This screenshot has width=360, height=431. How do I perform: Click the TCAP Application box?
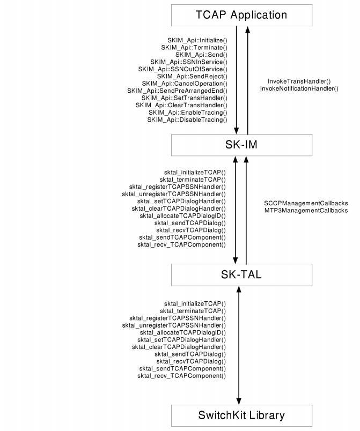point(241,14)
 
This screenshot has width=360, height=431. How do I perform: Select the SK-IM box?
point(241,144)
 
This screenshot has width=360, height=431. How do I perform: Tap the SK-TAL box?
point(241,275)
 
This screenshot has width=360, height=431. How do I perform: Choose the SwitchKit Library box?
point(241,414)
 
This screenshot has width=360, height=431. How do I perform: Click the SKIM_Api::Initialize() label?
point(197,40)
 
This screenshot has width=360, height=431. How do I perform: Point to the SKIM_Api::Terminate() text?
point(194,47)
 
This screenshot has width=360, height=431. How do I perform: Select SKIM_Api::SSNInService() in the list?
point(189,62)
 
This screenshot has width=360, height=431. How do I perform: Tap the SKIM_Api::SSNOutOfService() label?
point(183,69)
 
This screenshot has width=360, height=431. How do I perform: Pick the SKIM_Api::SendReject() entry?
point(192,76)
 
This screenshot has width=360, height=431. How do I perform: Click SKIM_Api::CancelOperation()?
point(185,84)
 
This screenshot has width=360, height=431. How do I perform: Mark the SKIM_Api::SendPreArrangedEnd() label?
point(178,91)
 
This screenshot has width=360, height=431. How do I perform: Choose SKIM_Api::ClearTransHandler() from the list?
point(181,105)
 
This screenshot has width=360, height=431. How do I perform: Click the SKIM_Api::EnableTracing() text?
point(188,113)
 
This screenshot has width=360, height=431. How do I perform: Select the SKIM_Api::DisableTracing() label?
point(187,120)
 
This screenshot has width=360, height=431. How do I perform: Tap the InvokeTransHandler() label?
point(299,81)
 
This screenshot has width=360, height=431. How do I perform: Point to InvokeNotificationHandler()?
point(299,88)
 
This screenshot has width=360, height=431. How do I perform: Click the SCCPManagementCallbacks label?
point(306,204)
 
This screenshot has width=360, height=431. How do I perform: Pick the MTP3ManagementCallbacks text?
point(306,211)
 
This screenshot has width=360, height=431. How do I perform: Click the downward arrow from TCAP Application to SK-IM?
point(237,80)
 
